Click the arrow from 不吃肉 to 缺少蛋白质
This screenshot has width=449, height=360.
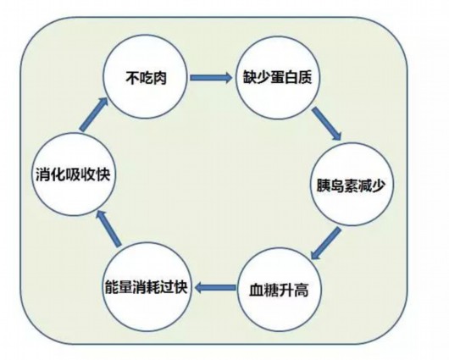click(x=211, y=78)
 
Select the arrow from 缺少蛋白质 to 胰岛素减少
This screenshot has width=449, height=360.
click(x=327, y=124)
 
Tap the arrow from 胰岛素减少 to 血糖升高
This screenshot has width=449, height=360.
click(x=325, y=243)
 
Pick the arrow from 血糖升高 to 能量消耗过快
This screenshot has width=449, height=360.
click(x=215, y=287)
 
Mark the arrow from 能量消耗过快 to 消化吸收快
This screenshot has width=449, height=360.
click(x=108, y=228)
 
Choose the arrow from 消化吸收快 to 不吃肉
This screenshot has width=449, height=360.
click(x=93, y=114)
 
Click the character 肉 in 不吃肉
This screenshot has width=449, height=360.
click(x=159, y=78)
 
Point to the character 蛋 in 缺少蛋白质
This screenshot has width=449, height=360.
click(x=277, y=77)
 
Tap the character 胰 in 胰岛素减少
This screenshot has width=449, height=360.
click(x=323, y=186)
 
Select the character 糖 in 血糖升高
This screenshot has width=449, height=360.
click(x=271, y=290)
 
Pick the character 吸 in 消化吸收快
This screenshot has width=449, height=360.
click(x=73, y=174)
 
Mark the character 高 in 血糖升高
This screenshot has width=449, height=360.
click(x=302, y=290)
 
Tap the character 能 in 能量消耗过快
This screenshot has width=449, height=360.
click(x=111, y=287)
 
